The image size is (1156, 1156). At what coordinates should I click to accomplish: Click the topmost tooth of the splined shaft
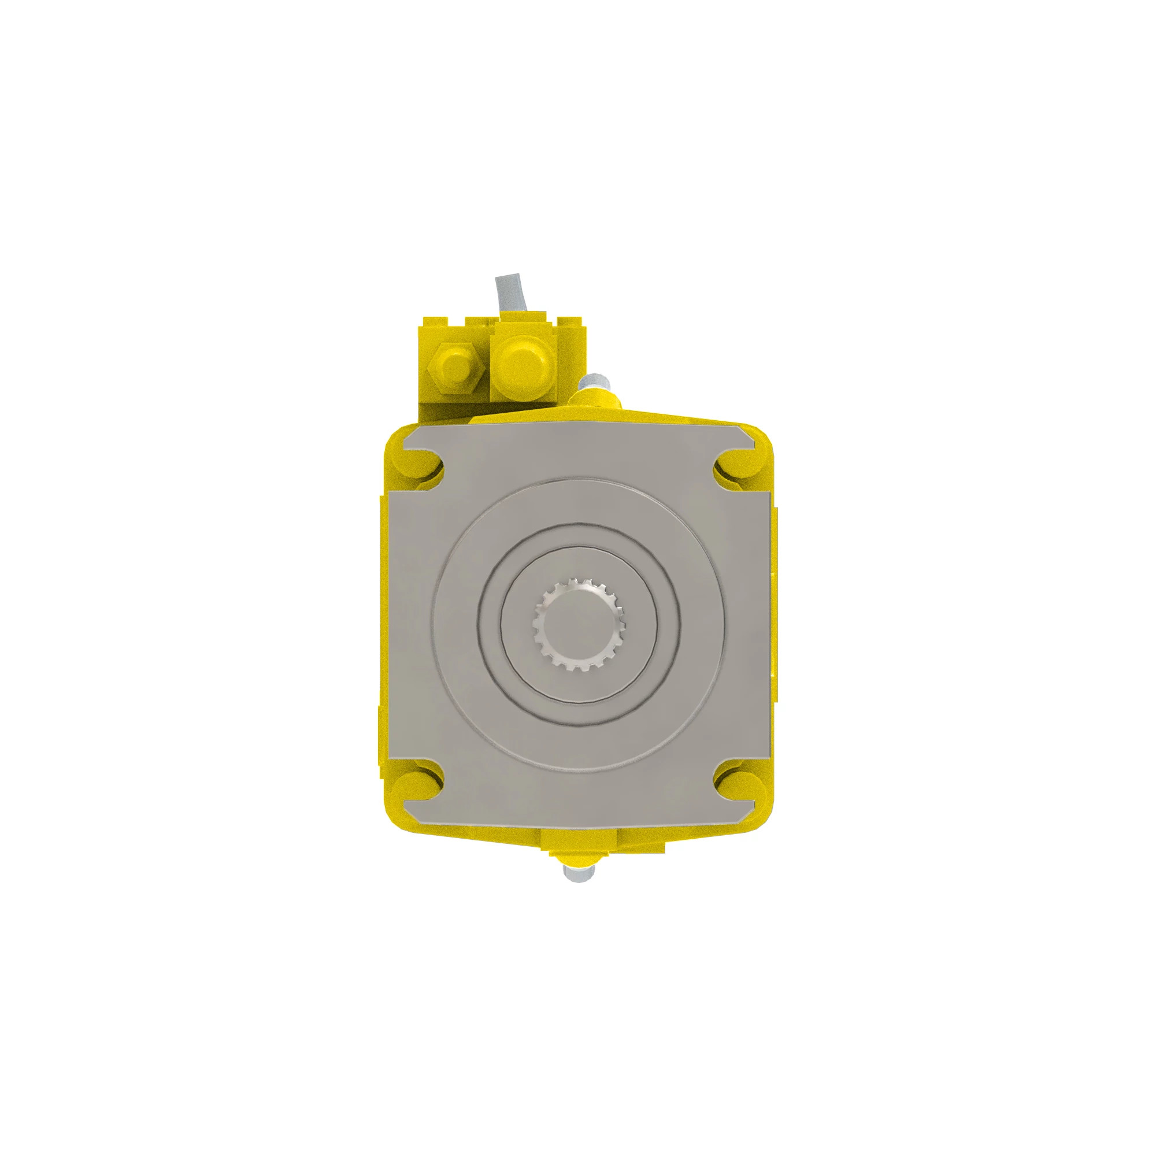(x=578, y=581)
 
